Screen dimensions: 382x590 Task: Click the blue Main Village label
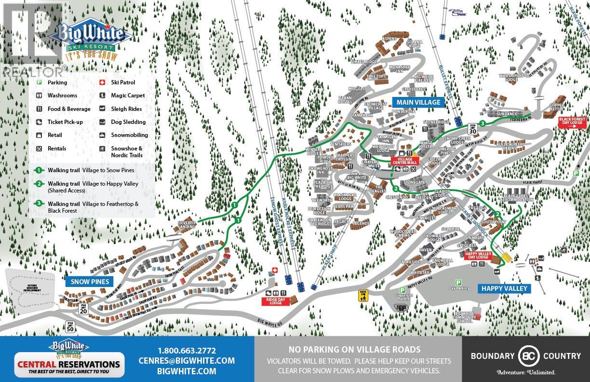tap(418, 102)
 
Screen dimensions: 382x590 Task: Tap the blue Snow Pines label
tap(90, 282)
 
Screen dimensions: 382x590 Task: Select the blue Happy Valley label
tap(504, 288)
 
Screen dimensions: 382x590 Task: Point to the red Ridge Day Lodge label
tap(275, 301)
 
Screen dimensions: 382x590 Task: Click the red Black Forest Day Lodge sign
tap(572, 121)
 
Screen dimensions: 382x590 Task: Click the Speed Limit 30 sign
tap(473, 129)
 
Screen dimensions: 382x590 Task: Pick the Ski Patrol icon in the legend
tap(103, 83)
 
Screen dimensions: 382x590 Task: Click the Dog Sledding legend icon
tap(103, 123)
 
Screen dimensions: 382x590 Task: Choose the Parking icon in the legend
tap(39, 83)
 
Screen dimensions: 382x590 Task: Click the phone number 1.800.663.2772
tap(187, 351)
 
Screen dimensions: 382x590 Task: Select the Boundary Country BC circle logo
tap(526, 356)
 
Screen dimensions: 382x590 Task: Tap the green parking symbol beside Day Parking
tap(458, 283)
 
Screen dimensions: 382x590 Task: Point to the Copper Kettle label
tap(556, 106)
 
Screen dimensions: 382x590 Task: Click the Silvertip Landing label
tap(187, 225)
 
